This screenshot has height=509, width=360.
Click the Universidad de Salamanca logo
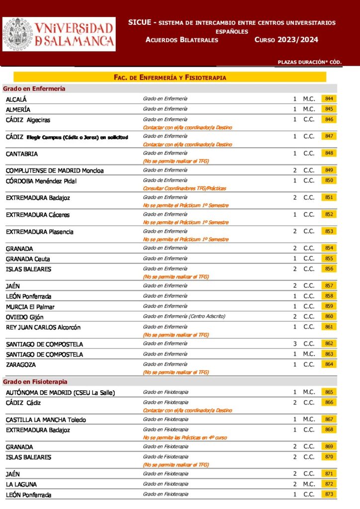[59, 34]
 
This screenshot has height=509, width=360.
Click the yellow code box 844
[329, 99]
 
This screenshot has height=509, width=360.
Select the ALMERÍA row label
[18, 109]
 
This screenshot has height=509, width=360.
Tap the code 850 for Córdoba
[329, 180]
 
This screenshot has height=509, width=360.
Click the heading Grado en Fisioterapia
[35, 382]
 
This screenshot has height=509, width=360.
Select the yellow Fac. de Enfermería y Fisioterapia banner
[170, 78]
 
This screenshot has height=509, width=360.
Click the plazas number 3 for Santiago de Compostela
[295, 344]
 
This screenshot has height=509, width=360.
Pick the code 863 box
[329, 354]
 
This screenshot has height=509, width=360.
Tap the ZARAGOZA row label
[20, 365]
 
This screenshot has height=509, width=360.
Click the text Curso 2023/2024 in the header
[286, 40]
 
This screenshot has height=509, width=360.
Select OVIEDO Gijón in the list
[25, 317]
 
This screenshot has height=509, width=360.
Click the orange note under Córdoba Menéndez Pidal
[181, 189]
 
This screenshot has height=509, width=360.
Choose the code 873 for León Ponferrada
[329, 494]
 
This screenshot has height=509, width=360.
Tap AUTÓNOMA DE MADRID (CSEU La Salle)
[60, 393]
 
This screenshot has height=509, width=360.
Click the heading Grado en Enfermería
[34, 88]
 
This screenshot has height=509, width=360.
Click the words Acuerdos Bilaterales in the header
[182, 40]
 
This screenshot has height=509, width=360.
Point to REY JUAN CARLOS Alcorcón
[43, 327]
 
